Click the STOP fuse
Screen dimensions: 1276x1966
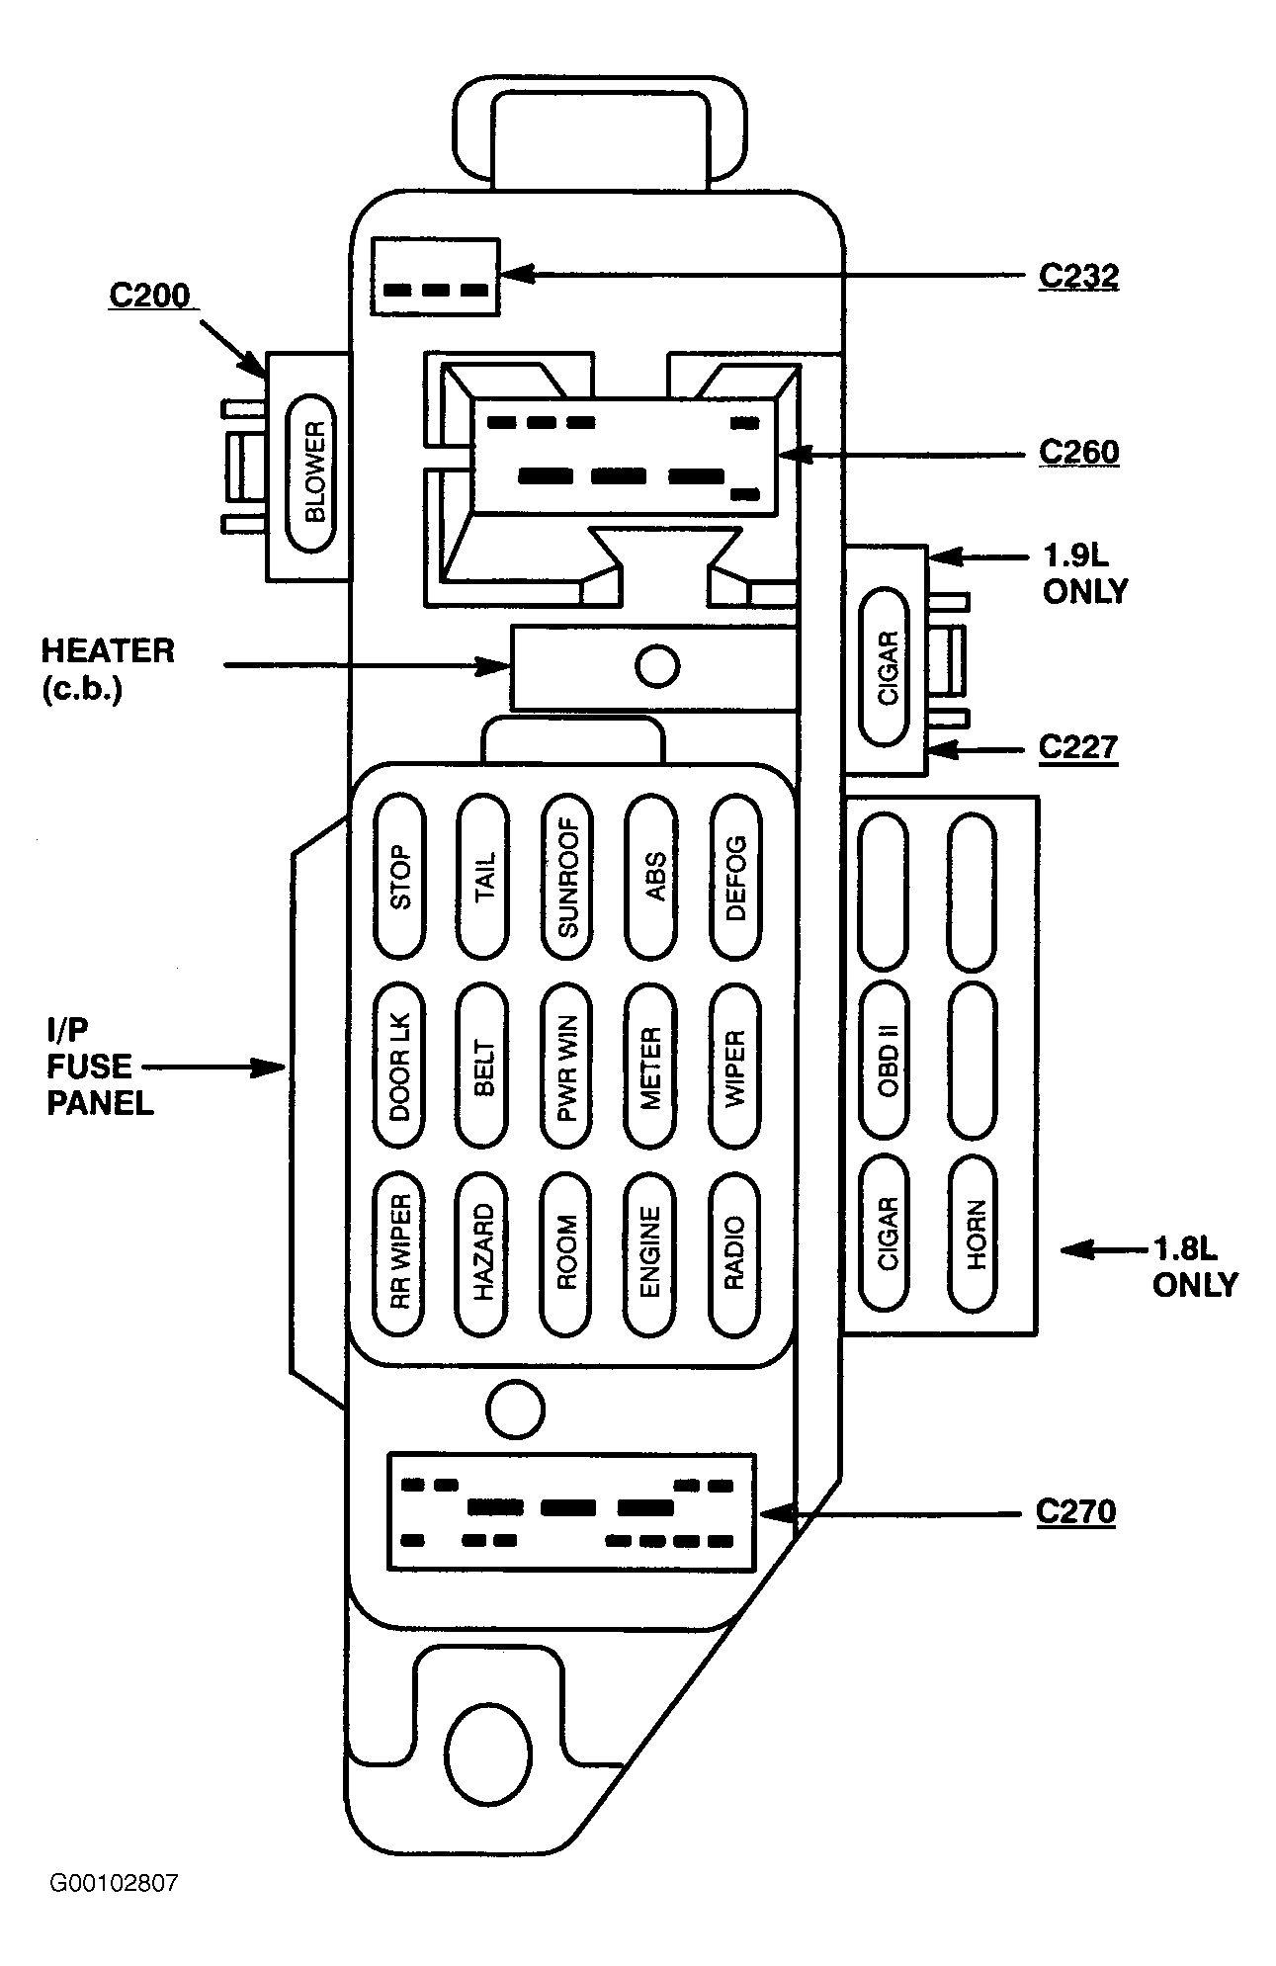[x=400, y=877]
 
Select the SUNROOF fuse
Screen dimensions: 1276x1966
[x=568, y=877]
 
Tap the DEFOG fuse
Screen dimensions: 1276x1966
[x=736, y=877]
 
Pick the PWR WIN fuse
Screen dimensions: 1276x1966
[x=568, y=1067]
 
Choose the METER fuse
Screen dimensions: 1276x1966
[x=651, y=1067]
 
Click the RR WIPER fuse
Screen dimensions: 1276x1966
[x=400, y=1252]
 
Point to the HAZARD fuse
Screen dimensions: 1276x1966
[x=483, y=1252]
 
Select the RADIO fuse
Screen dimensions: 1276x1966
[x=736, y=1252]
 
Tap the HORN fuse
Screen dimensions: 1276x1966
[x=973, y=1235]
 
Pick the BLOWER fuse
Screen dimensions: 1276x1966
[x=311, y=472]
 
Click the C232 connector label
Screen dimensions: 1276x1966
[x=1078, y=277]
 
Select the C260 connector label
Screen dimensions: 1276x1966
[x=1078, y=453]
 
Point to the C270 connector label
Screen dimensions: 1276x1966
[x=1076, y=1512]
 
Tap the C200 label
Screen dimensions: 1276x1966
[x=149, y=297]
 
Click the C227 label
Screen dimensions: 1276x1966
[x=1078, y=747]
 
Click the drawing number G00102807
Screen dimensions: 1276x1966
[x=114, y=1883]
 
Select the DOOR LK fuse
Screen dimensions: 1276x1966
[x=400, y=1067]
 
